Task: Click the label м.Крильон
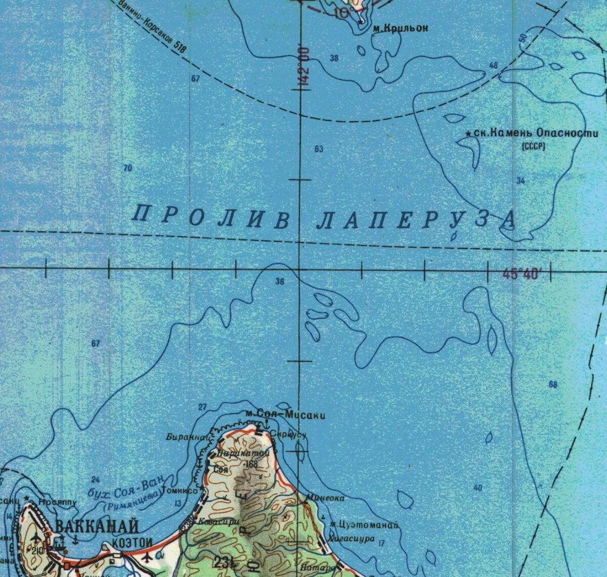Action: click(400, 29)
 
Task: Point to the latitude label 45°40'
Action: click(522, 275)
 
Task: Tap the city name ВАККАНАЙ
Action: click(97, 526)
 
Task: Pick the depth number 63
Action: click(319, 149)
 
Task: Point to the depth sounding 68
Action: click(553, 385)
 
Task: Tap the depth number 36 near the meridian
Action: click(280, 282)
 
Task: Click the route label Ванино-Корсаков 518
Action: click(152, 26)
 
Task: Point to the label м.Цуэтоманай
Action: click(363, 524)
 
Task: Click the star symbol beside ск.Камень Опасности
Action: click(468, 134)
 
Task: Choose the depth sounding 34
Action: click(521, 181)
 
